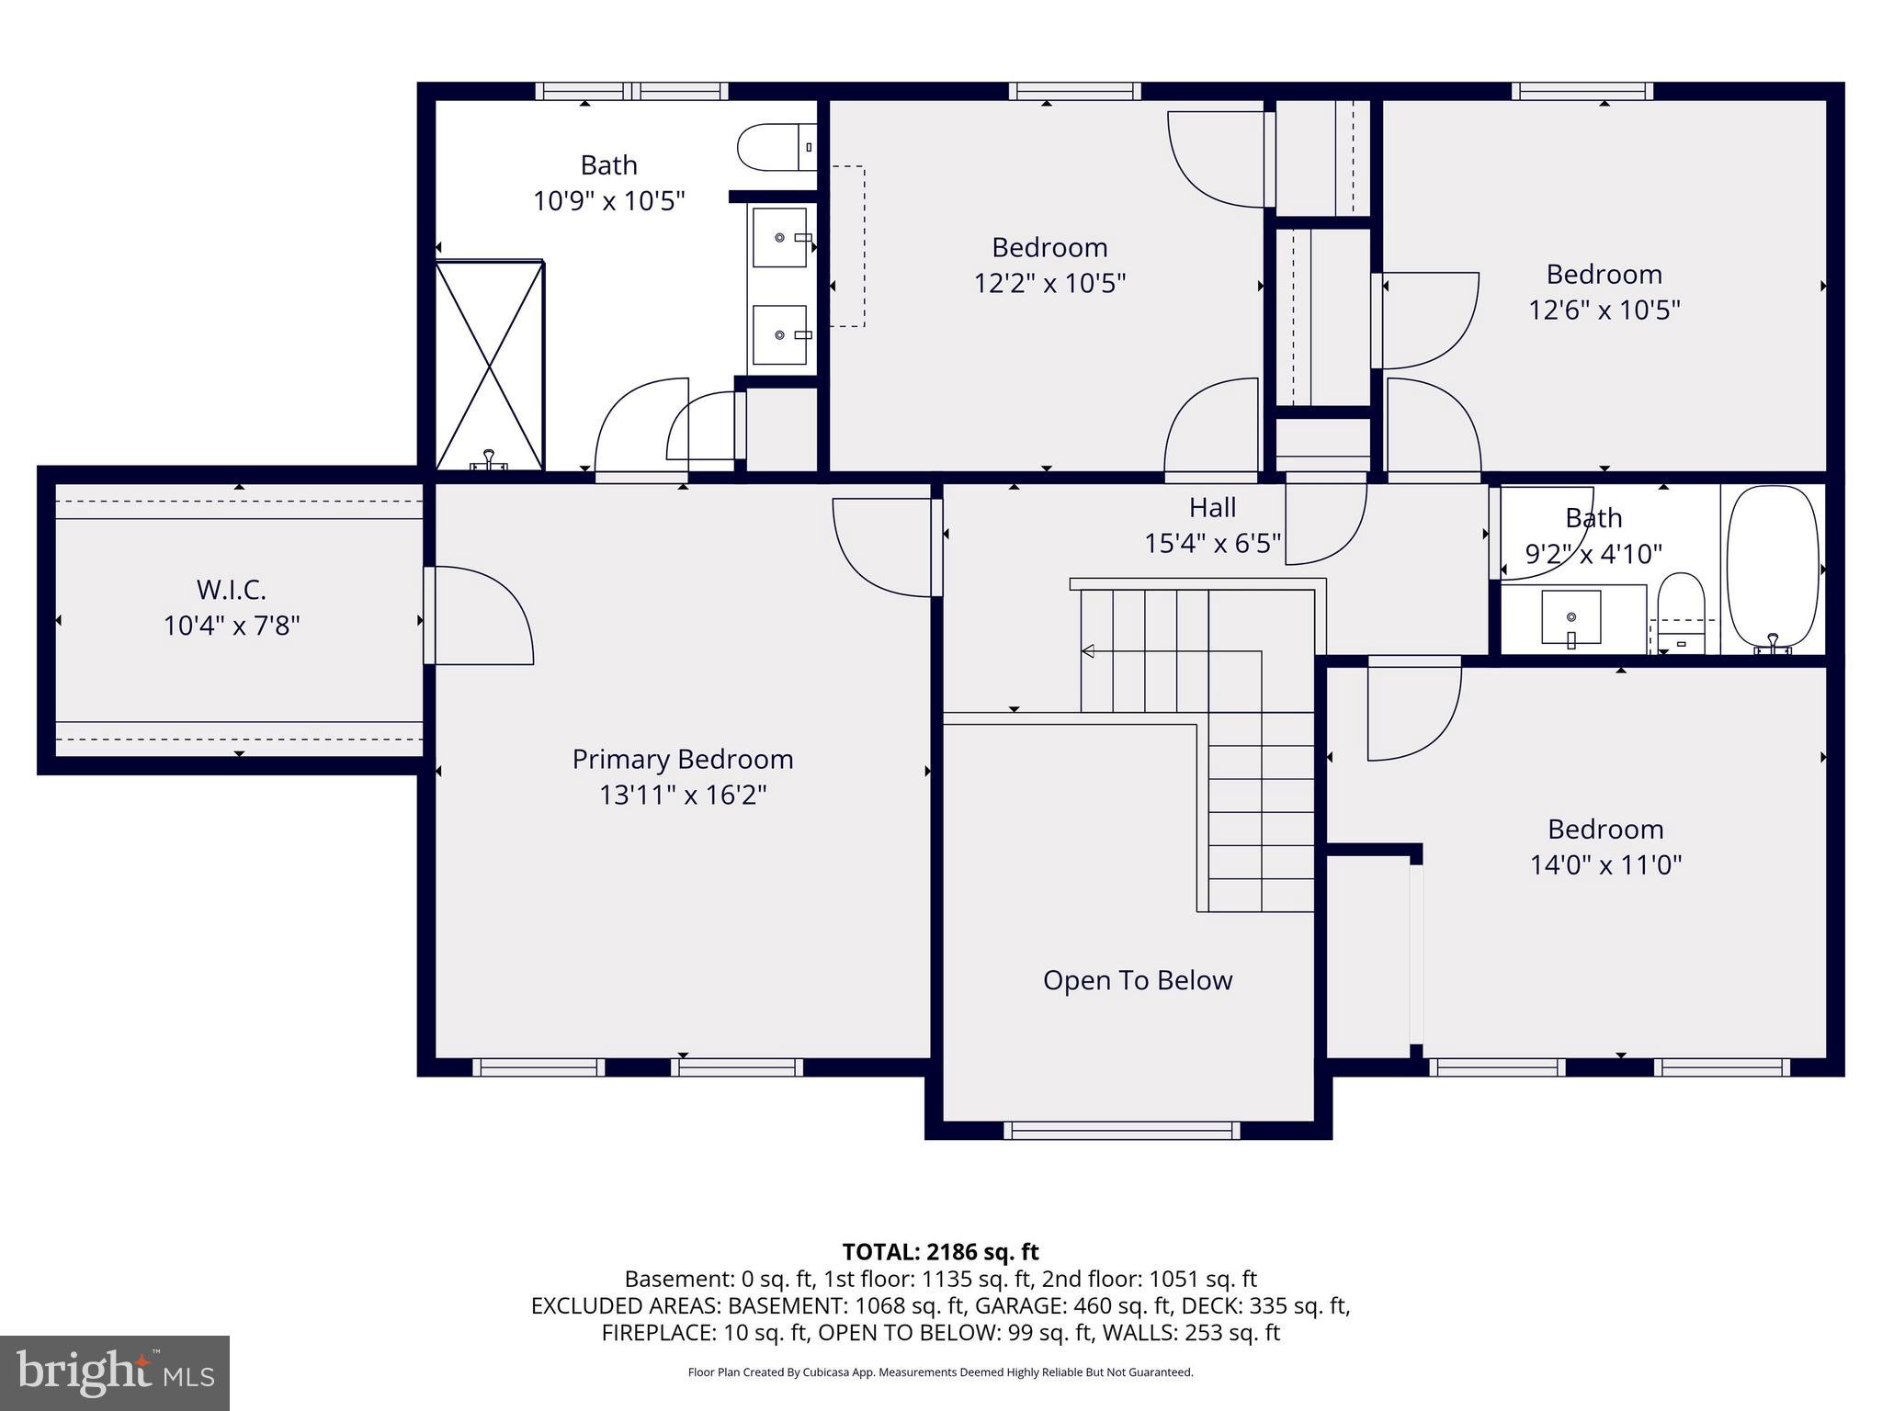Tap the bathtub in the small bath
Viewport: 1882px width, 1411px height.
tap(1773, 567)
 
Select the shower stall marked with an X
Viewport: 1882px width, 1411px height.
tap(489, 366)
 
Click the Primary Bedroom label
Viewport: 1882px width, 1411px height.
tap(682, 759)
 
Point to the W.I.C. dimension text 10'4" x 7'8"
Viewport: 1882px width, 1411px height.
tap(232, 626)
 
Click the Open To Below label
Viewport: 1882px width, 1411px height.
tap(1137, 980)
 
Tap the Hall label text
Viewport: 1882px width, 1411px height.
tap(1212, 508)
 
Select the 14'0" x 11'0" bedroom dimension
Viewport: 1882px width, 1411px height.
tap(1604, 864)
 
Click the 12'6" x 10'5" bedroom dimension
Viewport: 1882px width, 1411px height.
tap(1604, 310)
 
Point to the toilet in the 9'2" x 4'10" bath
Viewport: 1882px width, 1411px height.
tap(1681, 610)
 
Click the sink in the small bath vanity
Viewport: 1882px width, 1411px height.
tap(1570, 616)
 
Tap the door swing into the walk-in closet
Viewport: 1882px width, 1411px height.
tap(480, 615)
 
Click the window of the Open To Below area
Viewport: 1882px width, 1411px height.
tap(1120, 1130)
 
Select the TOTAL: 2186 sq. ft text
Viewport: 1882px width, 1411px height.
tap(940, 1251)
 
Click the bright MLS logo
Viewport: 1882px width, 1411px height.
tap(115, 1372)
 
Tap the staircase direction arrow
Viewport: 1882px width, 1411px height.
tap(1088, 651)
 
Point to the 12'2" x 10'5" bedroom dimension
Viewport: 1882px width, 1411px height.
tap(1049, 283)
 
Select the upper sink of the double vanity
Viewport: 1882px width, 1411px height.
tap(780, 237)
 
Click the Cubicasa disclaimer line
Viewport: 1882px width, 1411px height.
tap(940, 1372)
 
